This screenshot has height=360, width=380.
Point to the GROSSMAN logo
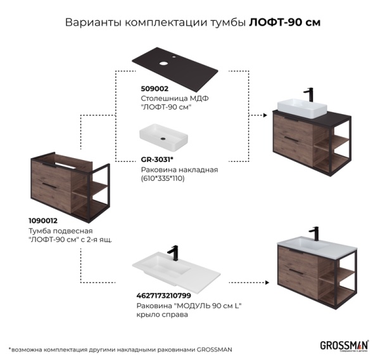tap(345, 345)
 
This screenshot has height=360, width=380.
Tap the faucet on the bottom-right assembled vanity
tap(313, 233)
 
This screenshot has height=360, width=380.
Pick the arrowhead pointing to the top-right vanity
tap(260, 116)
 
